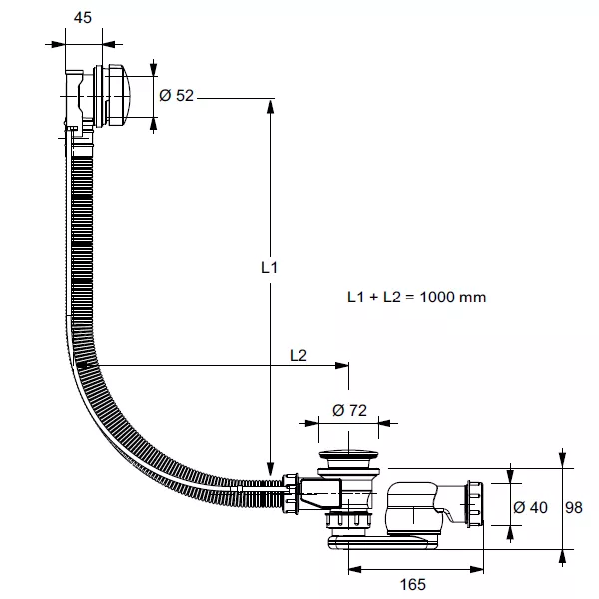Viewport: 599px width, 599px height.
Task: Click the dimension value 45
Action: point(83,17)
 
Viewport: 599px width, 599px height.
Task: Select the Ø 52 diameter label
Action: point(176,95)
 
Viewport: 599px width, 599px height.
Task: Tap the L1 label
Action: point(268,268)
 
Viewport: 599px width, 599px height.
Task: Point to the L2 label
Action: point(298,354)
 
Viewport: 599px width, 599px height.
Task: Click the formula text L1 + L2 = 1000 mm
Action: point(416,298)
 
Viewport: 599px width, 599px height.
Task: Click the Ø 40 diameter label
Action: point(529,507)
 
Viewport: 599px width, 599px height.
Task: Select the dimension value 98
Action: point(574,507)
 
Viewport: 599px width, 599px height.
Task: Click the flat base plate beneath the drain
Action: point(384,539)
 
